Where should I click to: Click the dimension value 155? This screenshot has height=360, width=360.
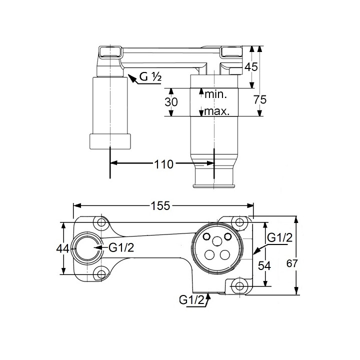[x=160, y=205]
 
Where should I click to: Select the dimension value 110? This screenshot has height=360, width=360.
[x=163, y=164]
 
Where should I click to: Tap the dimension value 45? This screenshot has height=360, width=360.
[x=251, y=67]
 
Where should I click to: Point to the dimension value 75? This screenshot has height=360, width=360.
[x=260, y=99]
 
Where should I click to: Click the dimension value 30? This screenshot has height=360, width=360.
[x=171, y=102]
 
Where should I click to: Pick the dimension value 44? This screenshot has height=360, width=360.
[x=63, y=248]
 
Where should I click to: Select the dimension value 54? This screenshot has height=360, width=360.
[x=264, y=266]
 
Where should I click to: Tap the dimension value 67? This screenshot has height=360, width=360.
[x=292, y=263]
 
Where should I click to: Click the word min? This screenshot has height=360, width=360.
[x=215, y=94]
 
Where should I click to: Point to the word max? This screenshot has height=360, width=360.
[x=216, y=111]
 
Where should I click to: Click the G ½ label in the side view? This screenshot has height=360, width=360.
[x=150, y=77]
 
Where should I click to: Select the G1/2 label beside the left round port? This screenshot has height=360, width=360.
[x=121, y=247]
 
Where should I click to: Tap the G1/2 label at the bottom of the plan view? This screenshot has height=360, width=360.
[x=191, y=300]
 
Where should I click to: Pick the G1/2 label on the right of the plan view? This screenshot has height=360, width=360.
[x=280, y=237]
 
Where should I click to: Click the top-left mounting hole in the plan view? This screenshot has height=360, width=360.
[x=101, y=222]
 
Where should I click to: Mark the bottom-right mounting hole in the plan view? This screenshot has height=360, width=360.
[x=239, y=286]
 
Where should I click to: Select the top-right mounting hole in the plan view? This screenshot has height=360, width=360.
[x=239, y=222]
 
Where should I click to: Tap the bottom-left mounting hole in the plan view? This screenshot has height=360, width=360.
[x=101, y=274]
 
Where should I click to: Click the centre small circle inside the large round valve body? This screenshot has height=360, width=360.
[x=217, y=241]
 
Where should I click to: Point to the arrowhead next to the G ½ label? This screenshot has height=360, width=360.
[x=131, y=77]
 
